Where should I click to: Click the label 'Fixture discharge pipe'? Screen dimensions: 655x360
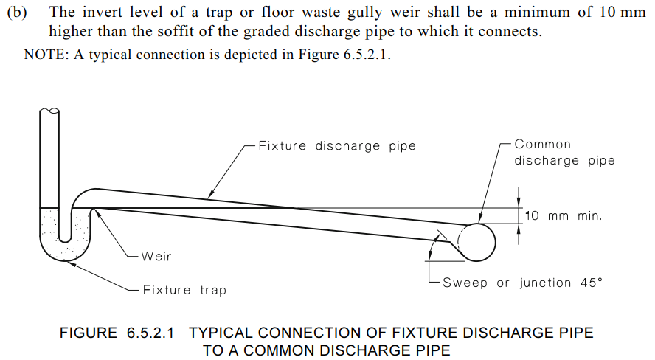(337, 146)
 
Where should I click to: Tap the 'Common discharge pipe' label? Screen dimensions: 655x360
(564, 153)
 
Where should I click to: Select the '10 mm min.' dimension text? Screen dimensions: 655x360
(564, 216)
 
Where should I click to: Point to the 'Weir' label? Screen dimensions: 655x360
(156, 256)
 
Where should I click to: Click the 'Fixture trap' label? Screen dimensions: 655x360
(184, 290)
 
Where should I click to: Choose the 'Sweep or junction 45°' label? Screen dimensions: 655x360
(522, 283)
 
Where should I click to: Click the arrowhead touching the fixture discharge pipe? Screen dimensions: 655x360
(210, 194)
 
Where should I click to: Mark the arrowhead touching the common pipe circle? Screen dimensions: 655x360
(480, 218)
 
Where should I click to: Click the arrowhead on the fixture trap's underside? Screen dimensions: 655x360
(69, 263)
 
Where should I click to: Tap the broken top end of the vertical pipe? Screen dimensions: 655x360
(49, 111)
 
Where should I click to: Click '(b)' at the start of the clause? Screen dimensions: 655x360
(17, 12)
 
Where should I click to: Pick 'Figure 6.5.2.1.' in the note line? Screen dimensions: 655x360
(344, 55)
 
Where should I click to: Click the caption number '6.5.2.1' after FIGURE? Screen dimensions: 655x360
(150, 333)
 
